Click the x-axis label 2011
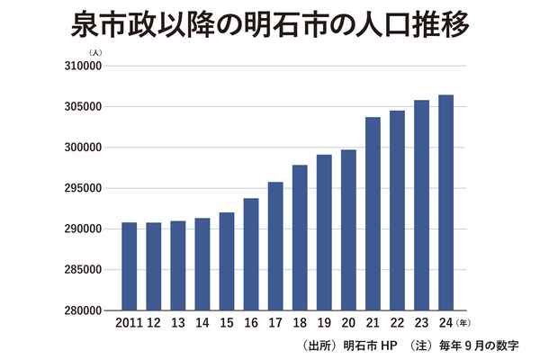(129, 322)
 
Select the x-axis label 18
(300, 322)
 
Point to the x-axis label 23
(421, 322)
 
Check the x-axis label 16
(251, 322)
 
